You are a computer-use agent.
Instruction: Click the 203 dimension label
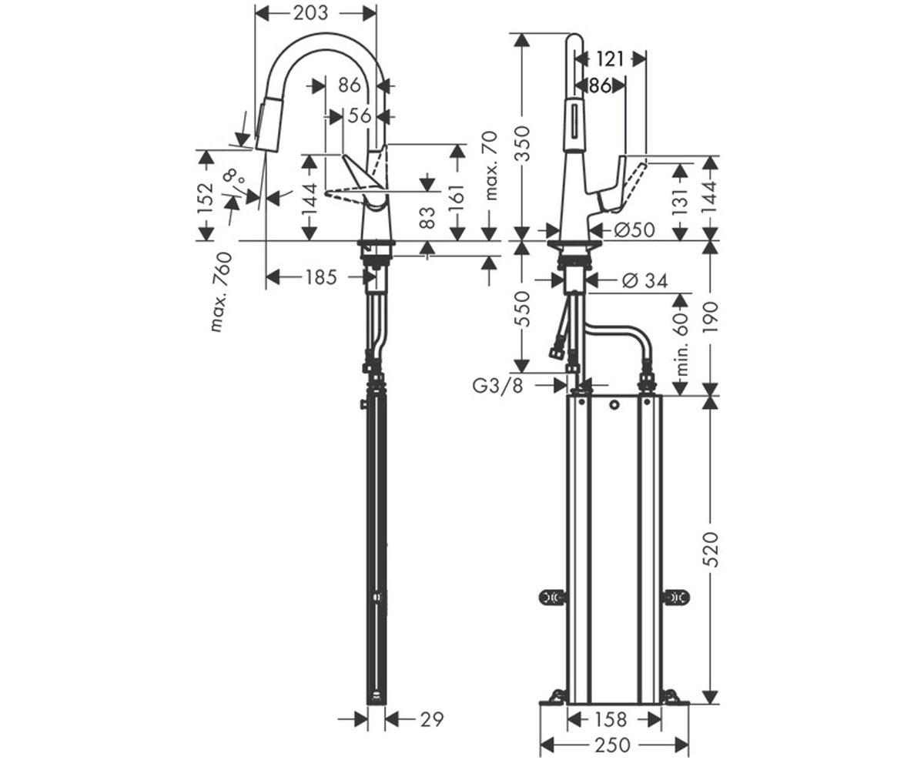coord(310,13)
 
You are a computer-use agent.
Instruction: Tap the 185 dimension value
coord(321,277)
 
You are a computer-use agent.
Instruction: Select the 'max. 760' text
coord(221,292)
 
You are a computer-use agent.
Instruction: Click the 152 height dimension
coord(206,197)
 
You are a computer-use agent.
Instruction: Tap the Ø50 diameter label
coord(634,229)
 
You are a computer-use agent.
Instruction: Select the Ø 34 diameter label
coord(644,280)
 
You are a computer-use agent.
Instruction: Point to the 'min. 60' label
coord(682,344)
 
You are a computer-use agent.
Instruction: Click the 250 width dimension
coord(612,745)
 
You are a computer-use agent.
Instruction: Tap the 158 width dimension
coord(611,719)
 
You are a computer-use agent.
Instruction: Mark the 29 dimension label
coord(431,719)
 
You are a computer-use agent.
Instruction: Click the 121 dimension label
coord(611,59)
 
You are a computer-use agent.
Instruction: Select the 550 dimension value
coord(523,309)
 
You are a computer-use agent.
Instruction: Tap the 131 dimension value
coord(680,201)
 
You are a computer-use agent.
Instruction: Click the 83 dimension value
coord(427,218)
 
